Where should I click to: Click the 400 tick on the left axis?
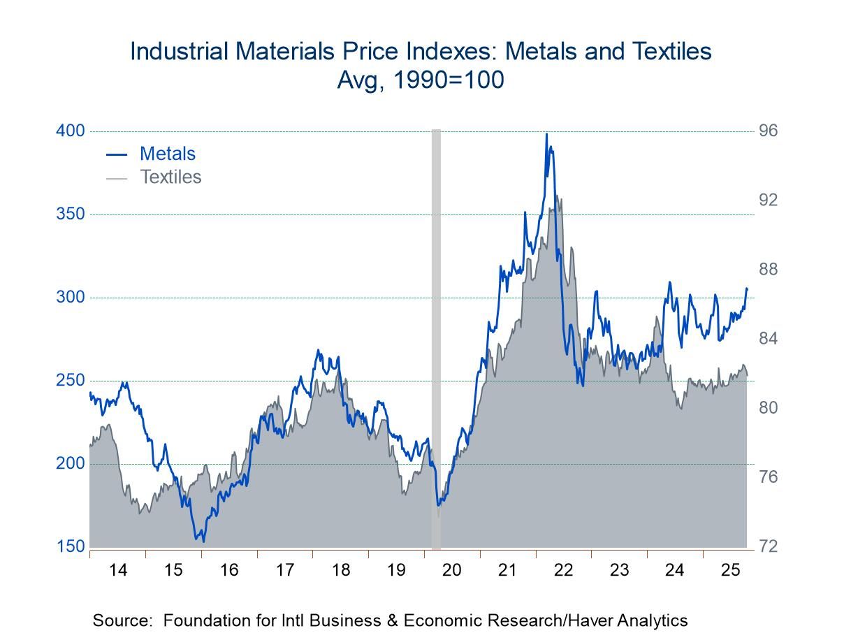[70, 131]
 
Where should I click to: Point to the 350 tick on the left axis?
[70, 214]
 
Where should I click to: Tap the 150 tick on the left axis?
[70, 546]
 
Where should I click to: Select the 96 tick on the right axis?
[769, 131]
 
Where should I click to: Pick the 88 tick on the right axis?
[769, 270]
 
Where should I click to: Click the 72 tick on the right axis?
[769, 546]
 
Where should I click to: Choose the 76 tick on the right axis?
[769, 477]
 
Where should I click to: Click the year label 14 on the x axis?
[117, 570]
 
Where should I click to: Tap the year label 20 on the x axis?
[452, 570]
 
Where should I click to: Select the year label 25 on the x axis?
[730, 570]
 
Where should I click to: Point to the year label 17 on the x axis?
[284, 570]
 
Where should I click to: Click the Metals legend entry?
[167, 154]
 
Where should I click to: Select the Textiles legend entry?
[170, 177]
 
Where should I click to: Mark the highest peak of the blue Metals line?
[546, 133]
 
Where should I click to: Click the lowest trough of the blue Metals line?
[203, 541]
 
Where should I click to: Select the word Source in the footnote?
[117, 620]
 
